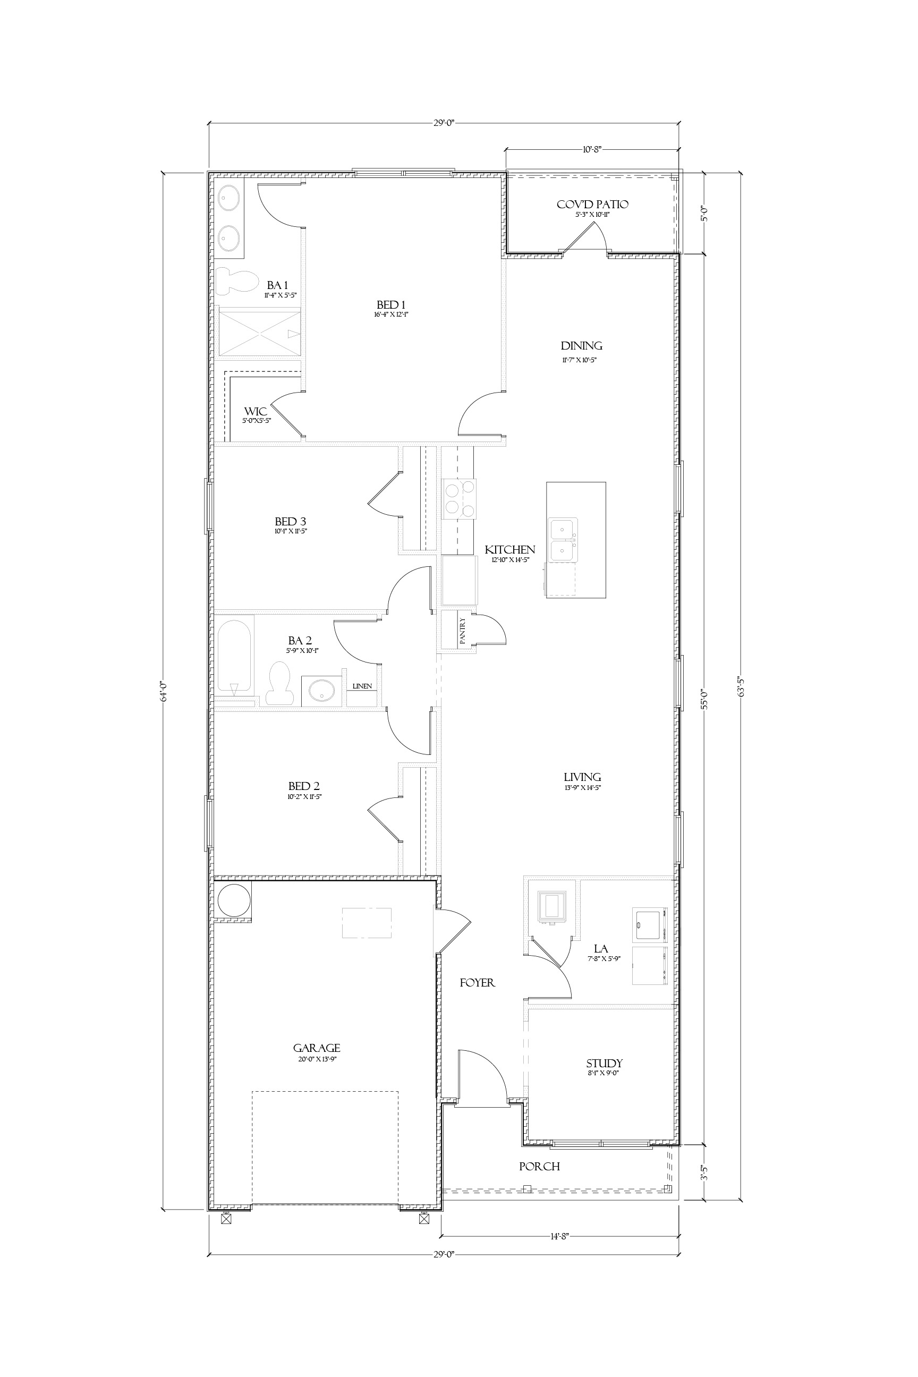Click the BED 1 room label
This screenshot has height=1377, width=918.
(391, 305)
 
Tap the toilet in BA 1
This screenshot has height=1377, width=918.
(236, 281)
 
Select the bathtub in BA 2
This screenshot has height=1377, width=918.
(234, 656)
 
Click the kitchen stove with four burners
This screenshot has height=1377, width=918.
(460, 499)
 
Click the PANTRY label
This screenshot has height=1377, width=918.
(463, 631)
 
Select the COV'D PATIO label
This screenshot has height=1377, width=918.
(592, 205)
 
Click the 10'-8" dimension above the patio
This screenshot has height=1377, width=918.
(591, 149)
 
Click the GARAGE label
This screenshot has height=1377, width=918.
(317, 1048)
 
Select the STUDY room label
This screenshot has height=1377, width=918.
(604, 1063)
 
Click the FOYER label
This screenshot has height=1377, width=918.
(477, 983)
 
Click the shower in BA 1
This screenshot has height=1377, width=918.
(259, 332)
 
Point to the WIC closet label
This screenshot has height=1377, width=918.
(256, 412)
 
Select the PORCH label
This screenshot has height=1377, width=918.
(539, 1166)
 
